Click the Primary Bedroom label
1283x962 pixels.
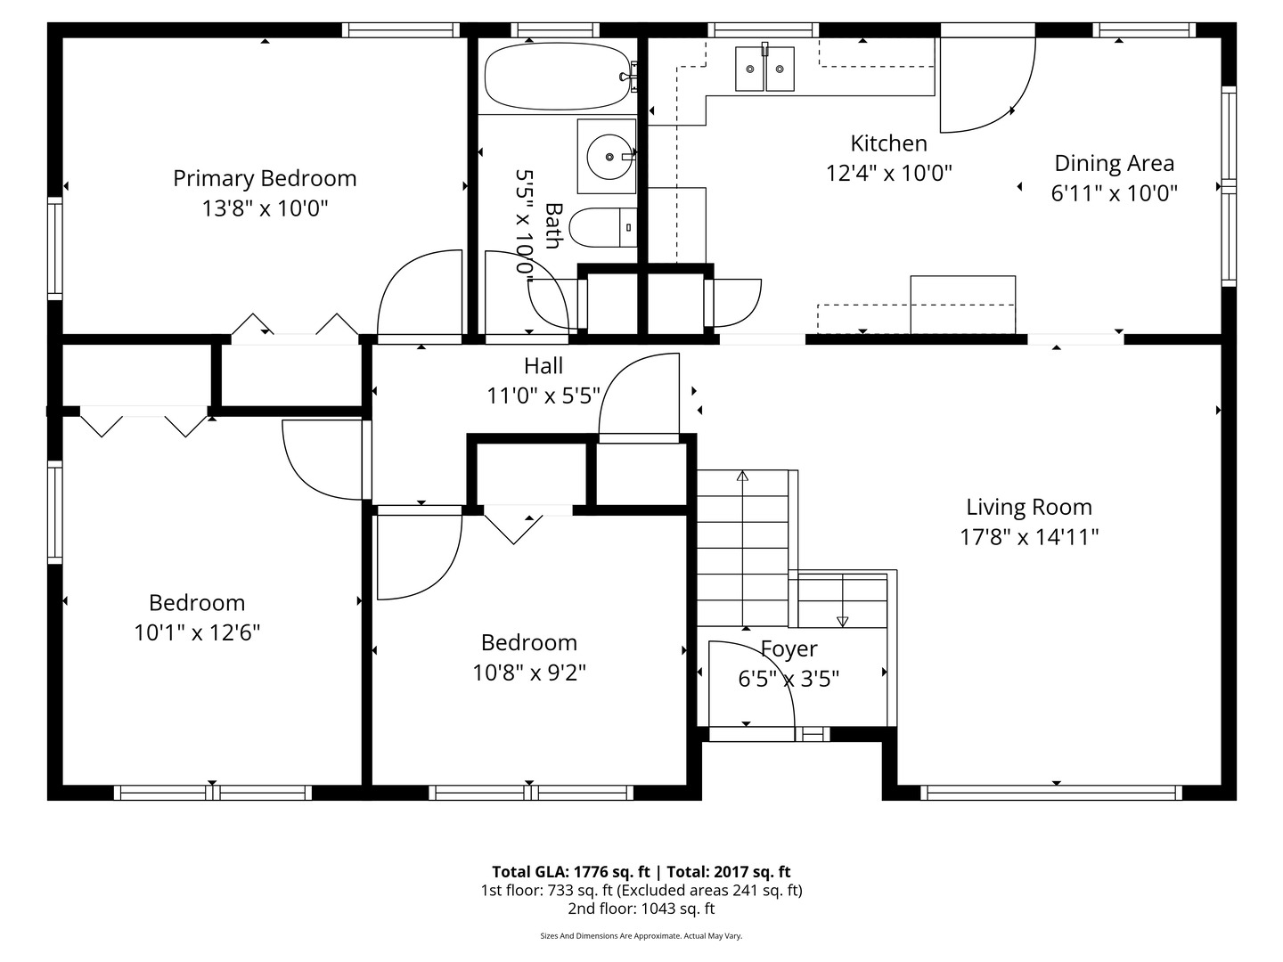[x=265, y=178]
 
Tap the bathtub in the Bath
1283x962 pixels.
[x=559, y=77]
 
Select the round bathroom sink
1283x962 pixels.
[x=609, y=157]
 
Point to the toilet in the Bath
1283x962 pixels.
[x=602, y=227]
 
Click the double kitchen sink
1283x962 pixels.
[x=764, y=69]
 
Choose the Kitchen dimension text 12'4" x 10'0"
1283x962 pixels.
[x=888, y=174]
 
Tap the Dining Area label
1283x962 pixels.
[x=1114, y=164]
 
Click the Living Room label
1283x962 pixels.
[x=1029, y=507]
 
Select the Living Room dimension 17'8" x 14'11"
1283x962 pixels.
[x=1029, y=537]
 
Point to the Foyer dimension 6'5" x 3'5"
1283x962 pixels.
[x=789, y=679]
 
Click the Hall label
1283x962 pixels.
[x=543, y=366]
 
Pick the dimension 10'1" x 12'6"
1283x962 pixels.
[x=197, y=632]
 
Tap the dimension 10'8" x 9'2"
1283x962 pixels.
[x=529, y=673]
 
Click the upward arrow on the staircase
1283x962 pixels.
[x=742, y=548]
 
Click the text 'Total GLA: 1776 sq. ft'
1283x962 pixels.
[x=570, y=872]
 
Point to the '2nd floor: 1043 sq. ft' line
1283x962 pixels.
[x=641, y=909]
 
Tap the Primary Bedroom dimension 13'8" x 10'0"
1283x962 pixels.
[x=265, y=208]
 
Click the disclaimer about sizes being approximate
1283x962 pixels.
[x=641, y=935]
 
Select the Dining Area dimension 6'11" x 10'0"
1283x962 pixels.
[x=1114, y=193]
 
